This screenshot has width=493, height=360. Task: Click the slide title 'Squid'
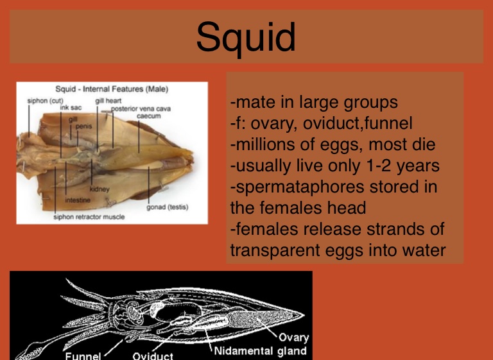tap(246, 39)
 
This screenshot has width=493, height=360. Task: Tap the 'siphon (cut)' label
tap(46, 101)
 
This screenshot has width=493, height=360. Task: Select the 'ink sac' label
tap(71, 108)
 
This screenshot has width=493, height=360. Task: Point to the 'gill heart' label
tap(108, 101)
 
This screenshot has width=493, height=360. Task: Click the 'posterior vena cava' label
tap(141, 109)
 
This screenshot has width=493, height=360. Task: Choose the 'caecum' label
tap(149, 116)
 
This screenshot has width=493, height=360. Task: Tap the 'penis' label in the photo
tap(84, 126)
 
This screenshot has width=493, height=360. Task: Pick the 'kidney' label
tap(99, 189)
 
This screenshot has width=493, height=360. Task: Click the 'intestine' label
tap(78, 200)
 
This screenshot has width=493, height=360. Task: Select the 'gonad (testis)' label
tap(168, 207)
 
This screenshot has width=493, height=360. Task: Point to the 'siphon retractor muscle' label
tap(89, 217)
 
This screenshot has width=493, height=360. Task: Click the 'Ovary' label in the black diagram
tap(294, 338)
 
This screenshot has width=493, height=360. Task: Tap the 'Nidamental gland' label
tap(261, 351)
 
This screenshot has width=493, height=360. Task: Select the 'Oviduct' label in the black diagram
tap(153, 356)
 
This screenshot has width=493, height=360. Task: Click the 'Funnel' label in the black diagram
tap(83, 356)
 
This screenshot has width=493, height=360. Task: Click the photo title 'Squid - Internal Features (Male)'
tap(112, 89)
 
